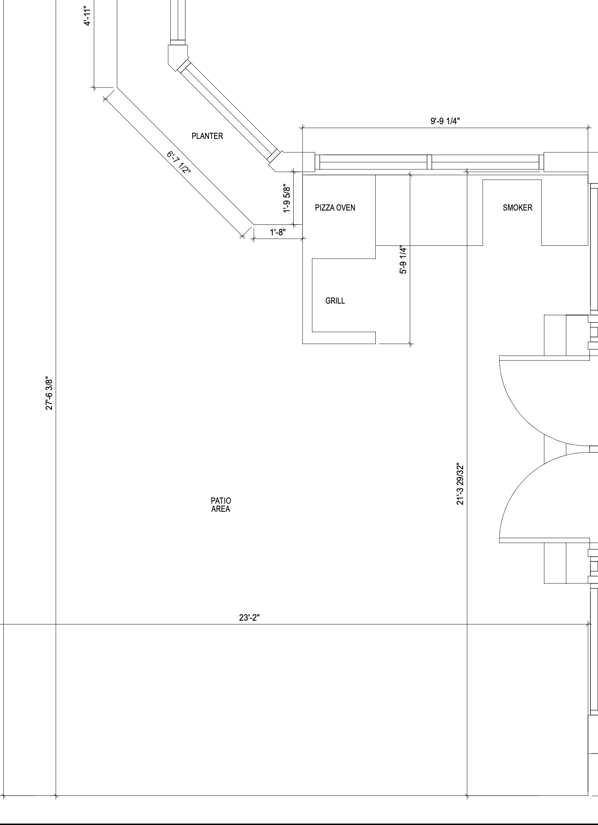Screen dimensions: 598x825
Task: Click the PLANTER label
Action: pos(207,136)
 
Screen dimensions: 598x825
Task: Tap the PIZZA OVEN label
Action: pos(335,208)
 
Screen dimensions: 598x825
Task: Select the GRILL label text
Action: pos(335,301)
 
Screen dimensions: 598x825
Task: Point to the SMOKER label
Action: pos(517,208)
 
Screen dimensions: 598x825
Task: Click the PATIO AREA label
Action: pos(221,505)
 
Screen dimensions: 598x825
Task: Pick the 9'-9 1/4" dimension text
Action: pos(445,121)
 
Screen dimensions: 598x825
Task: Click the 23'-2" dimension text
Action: pos(249,617)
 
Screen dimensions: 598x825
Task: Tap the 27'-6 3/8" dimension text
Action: pos(49,393)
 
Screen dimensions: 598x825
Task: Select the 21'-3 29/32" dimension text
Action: pos(460,484)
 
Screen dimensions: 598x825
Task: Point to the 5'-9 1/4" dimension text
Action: pos(403,260)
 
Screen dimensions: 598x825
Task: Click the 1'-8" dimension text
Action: pos(278,233)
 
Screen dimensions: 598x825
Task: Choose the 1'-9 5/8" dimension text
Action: pos(287,199)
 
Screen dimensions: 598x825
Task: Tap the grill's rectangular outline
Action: pos(312,295)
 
